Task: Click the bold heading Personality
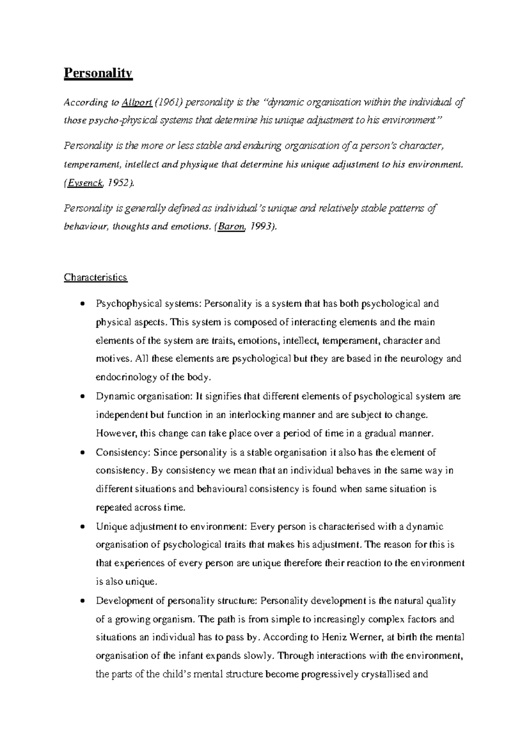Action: pos(98,73)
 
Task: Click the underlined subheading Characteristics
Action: pos(96,277)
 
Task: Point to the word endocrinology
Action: pos(126,377)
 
